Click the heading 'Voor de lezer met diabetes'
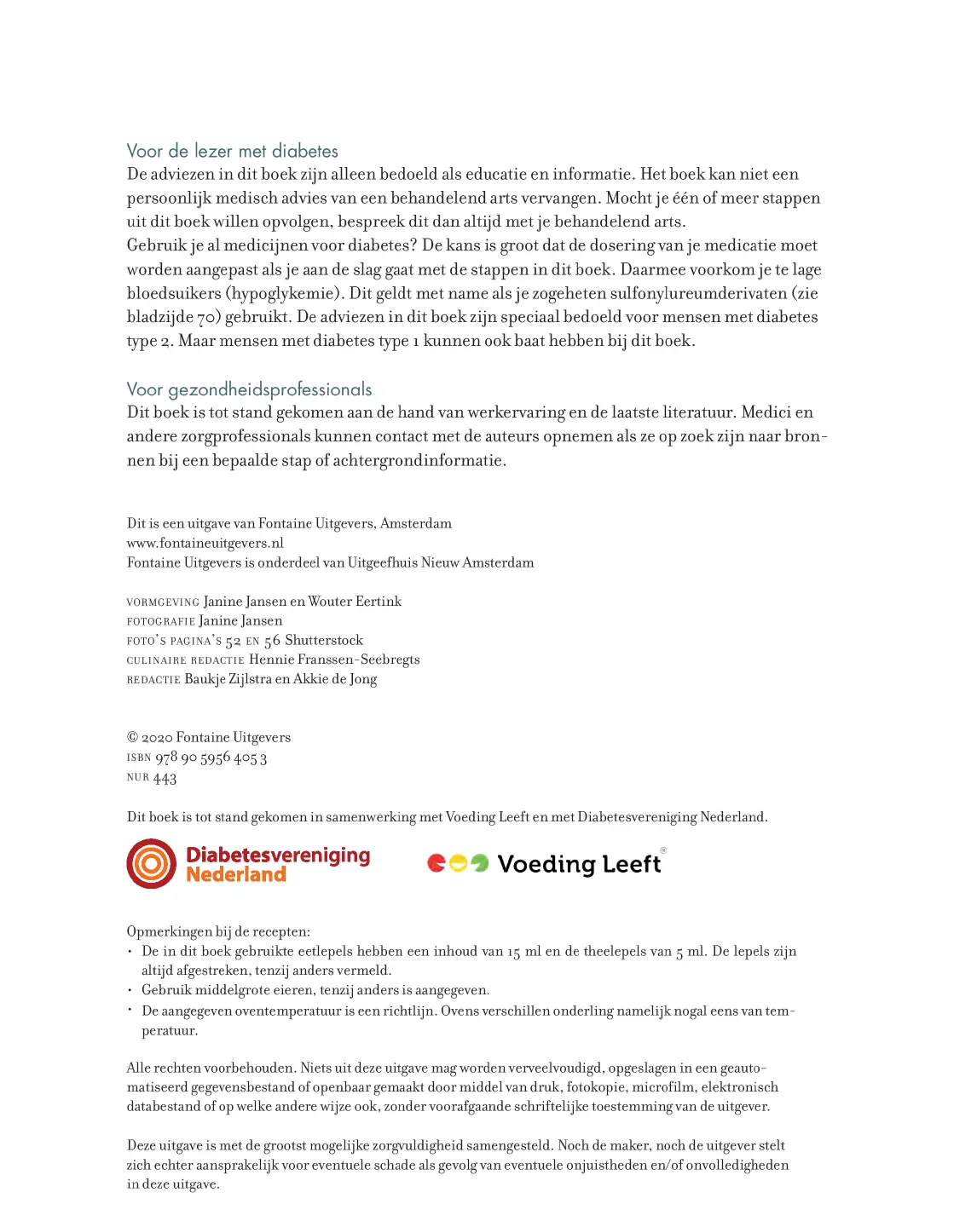tap(232, 152)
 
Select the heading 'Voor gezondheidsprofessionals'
tap(249, 390)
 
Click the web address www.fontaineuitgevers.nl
tap(205, 544)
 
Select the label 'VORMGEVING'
tap(163, 602)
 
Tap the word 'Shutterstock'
tap(324, 641)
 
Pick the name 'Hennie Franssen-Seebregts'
tap(334, 660)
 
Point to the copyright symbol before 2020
tap(132, 738)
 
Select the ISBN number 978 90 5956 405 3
tap(211, 758)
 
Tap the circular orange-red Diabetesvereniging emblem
tap(152, 864)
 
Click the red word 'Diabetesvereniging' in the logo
tap(278, 855)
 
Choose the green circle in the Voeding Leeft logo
tap(480, 864)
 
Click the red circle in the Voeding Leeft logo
tap(436, 864)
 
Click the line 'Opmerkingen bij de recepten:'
tap(218, 932)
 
